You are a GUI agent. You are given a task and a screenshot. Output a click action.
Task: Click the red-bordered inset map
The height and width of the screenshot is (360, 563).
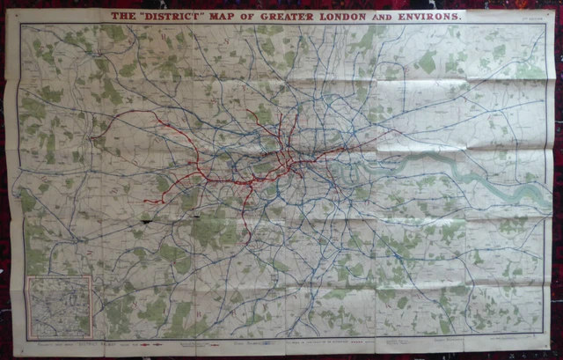click(59, 307)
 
